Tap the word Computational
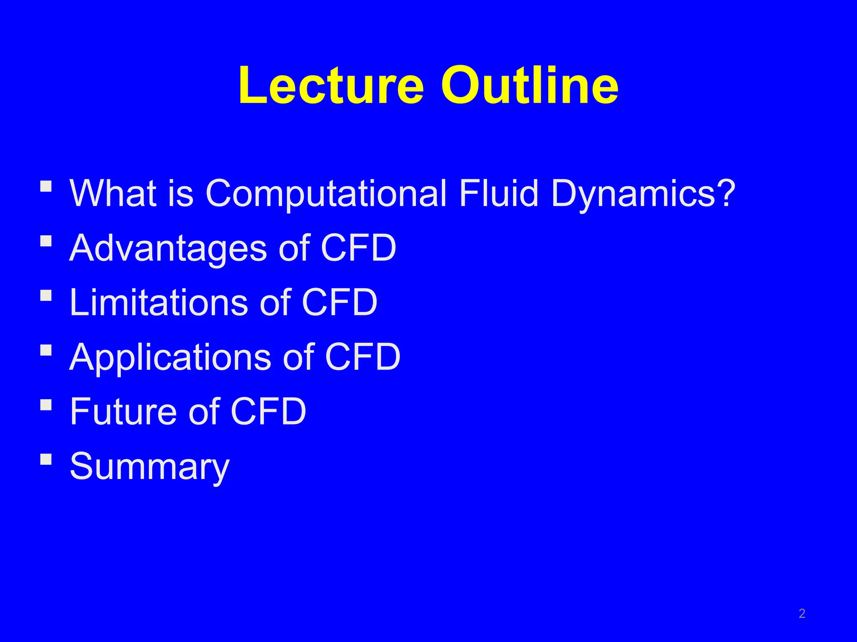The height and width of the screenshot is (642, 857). (326, 194)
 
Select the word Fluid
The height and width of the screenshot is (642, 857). (498, 194)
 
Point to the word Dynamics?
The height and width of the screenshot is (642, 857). (643, 194)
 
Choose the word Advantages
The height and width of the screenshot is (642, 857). (168, 248)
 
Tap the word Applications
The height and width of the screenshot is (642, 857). (170, 357)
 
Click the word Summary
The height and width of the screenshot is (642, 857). (149, 466)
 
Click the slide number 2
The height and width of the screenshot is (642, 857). (802, 614)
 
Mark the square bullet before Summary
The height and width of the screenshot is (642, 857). (46, 460)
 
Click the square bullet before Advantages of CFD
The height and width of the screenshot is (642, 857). (46, 241)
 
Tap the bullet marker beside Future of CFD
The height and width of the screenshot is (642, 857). (46, 405)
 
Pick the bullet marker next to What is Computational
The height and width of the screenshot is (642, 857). (46, 186)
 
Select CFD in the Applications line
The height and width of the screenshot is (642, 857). (362, 357)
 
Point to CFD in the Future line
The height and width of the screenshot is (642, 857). (268, 411)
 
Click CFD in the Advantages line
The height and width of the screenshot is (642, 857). (358, 248)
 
